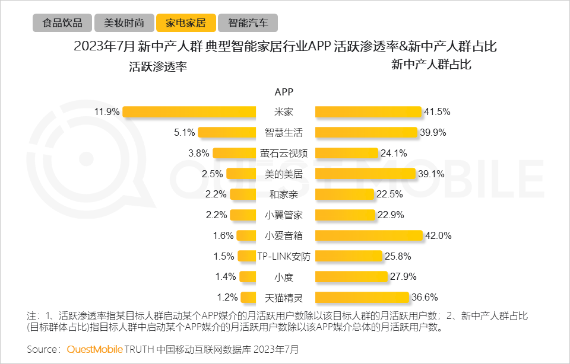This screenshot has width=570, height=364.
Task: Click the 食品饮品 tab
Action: point(62,23)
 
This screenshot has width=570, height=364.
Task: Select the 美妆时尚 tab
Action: point(124,23)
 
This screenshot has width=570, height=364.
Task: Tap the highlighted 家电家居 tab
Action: point(186,23)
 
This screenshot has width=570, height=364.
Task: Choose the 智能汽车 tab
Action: point(248,23)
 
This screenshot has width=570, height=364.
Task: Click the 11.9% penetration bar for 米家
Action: point(189,111)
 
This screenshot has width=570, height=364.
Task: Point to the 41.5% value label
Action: point(436,111)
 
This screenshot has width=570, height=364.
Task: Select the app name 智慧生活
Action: point(284,132)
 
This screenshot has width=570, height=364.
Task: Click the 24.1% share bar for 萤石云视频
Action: point(346,153)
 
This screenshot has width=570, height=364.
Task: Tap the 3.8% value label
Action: point(198,153)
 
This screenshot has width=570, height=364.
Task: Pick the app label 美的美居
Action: point(284,174)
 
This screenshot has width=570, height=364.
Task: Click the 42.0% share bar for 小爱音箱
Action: point(368,235)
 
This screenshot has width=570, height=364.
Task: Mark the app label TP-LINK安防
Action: point(284,256)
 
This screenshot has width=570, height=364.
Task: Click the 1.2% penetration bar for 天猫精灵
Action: point(248,298)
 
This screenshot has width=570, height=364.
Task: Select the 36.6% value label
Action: point(425,298)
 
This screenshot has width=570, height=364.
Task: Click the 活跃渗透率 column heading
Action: point(158,67)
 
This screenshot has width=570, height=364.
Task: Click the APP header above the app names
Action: point(284,92)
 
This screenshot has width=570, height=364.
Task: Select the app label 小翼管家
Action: point(284,215)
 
